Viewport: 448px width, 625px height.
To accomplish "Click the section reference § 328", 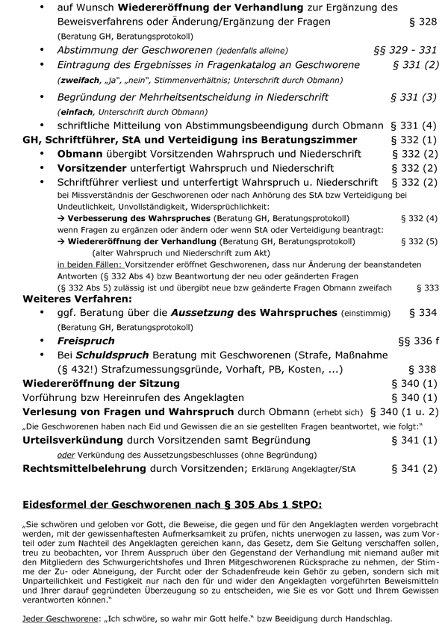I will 423,22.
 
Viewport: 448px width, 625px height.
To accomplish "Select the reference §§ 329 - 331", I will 405,50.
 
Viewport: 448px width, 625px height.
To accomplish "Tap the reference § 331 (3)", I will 414,98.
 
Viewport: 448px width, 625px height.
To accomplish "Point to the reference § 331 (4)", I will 414,125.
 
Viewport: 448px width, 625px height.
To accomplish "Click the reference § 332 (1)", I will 414,140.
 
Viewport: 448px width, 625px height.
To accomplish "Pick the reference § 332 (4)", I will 419,218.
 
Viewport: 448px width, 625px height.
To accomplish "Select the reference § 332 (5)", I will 419,242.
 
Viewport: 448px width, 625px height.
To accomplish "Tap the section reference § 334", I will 423,314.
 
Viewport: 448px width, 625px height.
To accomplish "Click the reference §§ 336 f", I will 417,341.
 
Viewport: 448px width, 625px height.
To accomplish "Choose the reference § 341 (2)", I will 414,469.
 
